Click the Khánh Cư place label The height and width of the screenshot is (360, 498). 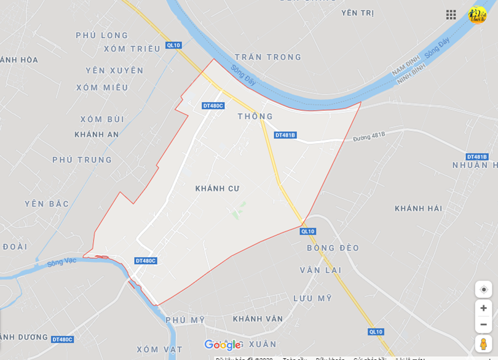click(217, 188)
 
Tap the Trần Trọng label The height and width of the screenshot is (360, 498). click(268, 57)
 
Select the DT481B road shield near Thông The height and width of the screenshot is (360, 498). click(285, 135)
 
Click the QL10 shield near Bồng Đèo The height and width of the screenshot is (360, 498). click(308, 231)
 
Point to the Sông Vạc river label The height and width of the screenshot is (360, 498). click(61, 262)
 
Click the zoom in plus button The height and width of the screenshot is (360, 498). click(483, 308)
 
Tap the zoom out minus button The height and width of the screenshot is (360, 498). click(483, 324)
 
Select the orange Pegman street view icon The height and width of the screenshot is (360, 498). click(483, 343)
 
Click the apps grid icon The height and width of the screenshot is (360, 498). click(451, 15)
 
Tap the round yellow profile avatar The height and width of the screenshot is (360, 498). click(477, 15)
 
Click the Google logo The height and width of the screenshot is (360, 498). click(222, 345)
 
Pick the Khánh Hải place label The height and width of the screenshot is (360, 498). click(418, 209)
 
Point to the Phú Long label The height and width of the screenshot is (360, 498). click(102, 36)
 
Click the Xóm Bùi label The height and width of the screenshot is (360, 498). click(102, 119)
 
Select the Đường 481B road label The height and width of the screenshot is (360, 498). click(369, 136)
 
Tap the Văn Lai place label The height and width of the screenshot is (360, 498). click(320, 270)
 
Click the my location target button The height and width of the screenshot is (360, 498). click(483, 289)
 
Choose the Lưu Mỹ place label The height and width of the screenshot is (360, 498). click(312, 298)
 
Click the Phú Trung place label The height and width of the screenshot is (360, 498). click(82, 160)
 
